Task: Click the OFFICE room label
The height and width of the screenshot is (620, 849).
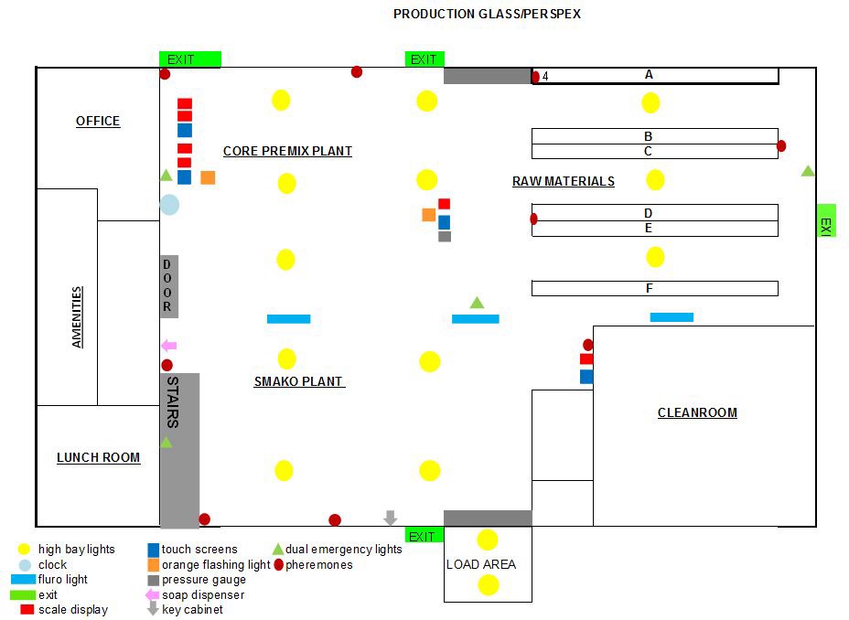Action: [x=98, y=122]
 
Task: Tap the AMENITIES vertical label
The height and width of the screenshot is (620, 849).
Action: [x=78, y=316]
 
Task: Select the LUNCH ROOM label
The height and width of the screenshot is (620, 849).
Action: [x=98, y=457]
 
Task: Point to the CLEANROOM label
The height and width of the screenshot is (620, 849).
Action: [x=697, y=412]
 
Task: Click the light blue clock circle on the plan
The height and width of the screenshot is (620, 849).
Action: [x=169, y=205]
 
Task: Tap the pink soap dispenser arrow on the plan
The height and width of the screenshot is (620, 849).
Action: [x=168, y=346]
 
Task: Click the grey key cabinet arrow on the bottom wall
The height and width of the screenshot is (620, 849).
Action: [x=391, y=518]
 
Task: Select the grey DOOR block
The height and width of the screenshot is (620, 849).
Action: [x=168, y=286]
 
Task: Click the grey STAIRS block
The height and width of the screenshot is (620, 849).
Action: [x=179, y=448]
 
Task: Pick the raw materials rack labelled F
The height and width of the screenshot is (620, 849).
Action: [x=654, y=288]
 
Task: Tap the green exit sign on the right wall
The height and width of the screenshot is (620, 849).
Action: [x=825, y=220]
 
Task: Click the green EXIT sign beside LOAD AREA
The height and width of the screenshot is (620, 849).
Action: [x=424, y=536]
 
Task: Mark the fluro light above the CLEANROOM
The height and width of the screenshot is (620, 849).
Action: [x=672, y=317]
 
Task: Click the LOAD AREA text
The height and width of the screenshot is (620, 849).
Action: [x=480, y=564]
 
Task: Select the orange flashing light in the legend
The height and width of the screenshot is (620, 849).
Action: [x=154, y=564]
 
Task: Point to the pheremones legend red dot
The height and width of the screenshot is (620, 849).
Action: [x=278, y=564]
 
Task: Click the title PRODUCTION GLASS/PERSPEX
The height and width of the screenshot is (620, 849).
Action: [x=487, y=14]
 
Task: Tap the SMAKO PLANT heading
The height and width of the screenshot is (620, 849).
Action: [x=298, y=381]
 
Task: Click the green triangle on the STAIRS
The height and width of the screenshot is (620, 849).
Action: [x=166, y=443]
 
